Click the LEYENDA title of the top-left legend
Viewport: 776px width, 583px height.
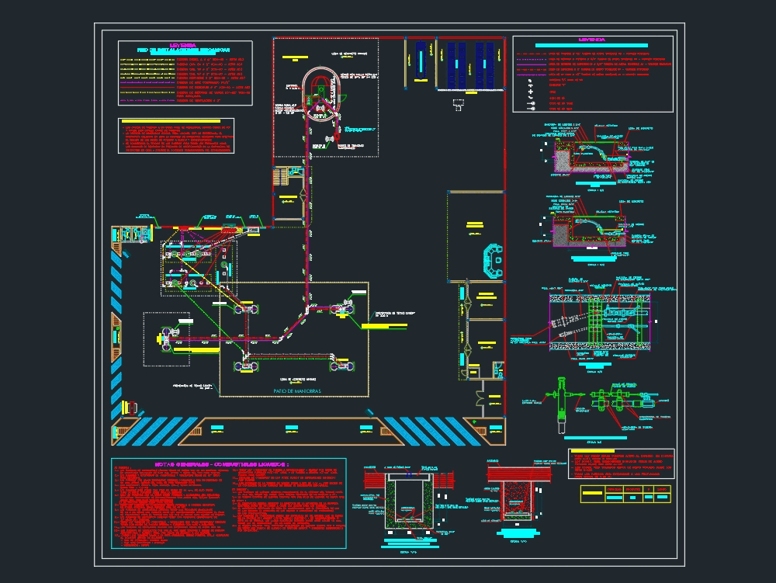(182, 45)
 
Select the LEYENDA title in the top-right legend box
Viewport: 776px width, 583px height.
(591, 40)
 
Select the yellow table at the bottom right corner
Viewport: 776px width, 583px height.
(625, 493)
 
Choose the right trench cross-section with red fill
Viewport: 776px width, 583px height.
(515, 497)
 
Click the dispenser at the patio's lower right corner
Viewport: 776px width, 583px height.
(341, 365)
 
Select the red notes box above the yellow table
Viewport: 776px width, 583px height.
(621, 463)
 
